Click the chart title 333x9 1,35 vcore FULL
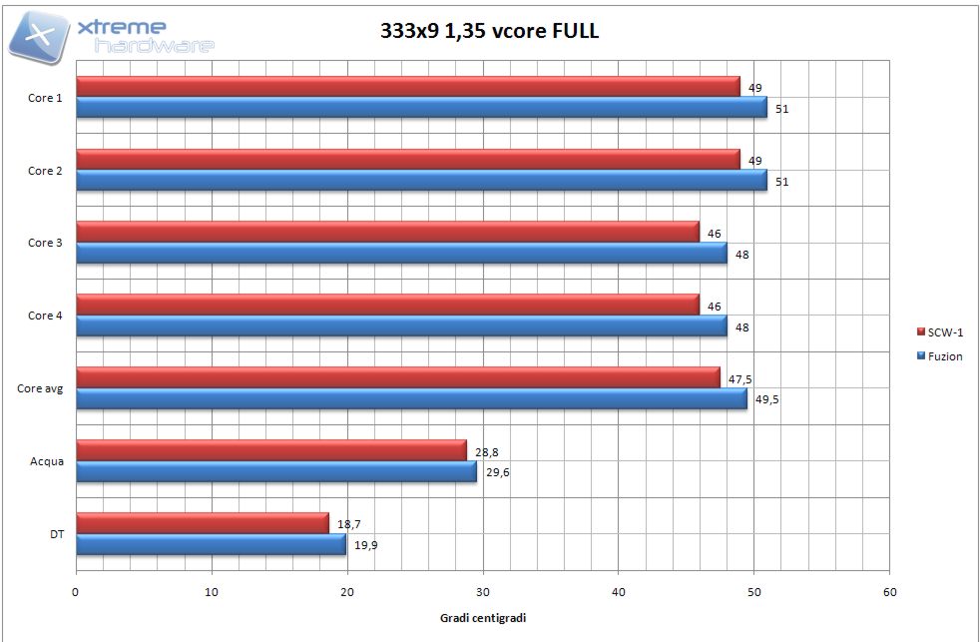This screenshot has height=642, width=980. [x=489, y=30]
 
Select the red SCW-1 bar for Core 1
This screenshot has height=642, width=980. [x=407, y=87]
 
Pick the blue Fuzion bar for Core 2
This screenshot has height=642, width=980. [x=421, y=181]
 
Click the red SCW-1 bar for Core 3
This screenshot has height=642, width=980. [x=387, y=232]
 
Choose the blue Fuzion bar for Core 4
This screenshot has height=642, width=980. [x=401, y=326]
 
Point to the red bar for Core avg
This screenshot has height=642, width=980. [x=397, y=376]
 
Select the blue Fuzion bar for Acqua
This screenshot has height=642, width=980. [x=276, y=471]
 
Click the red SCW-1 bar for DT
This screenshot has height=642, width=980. [x=202, y=522]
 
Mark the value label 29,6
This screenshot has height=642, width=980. [x=497, y=472]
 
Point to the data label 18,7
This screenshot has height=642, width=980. [x=347, y=523]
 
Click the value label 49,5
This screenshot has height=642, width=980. [x=766, y=399]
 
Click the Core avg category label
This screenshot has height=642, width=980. [x=41, y=388]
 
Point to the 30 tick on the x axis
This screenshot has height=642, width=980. [x=483, y=592]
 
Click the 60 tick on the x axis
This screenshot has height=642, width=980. [x=889, y=592]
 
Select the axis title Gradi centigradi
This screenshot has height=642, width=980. [x=483, y=618]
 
